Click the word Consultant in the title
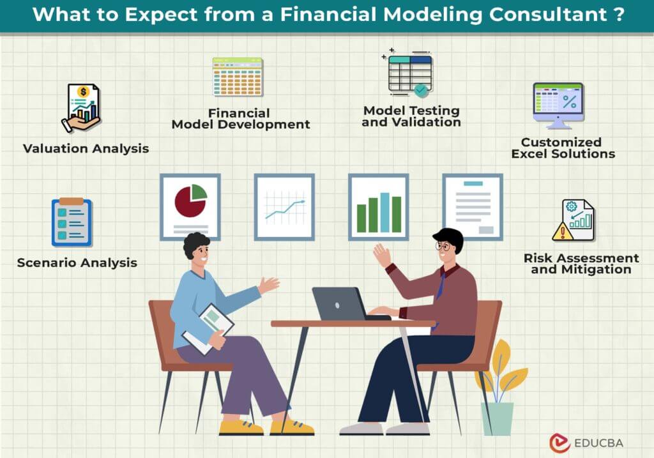click(547, 14)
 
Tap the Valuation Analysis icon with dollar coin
click(82, 108)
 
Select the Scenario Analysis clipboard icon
click(72, 222)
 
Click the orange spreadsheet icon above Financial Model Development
click(238, 77)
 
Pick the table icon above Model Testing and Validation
click(409, 73)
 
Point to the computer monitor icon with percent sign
click(558, 106)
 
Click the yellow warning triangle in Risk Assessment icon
click(562, 231)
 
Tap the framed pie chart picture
click(190, 207)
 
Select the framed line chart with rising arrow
click(284, 207)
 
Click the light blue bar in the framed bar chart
click(384, 212)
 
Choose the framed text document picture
click(473, 207)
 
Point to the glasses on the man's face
click(443, 246)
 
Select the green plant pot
click(497, 418)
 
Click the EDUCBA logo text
click(598, 443)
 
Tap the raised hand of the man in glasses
click(381, 254)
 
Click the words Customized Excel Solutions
click(563, 148)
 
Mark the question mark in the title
click(620, 14)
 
